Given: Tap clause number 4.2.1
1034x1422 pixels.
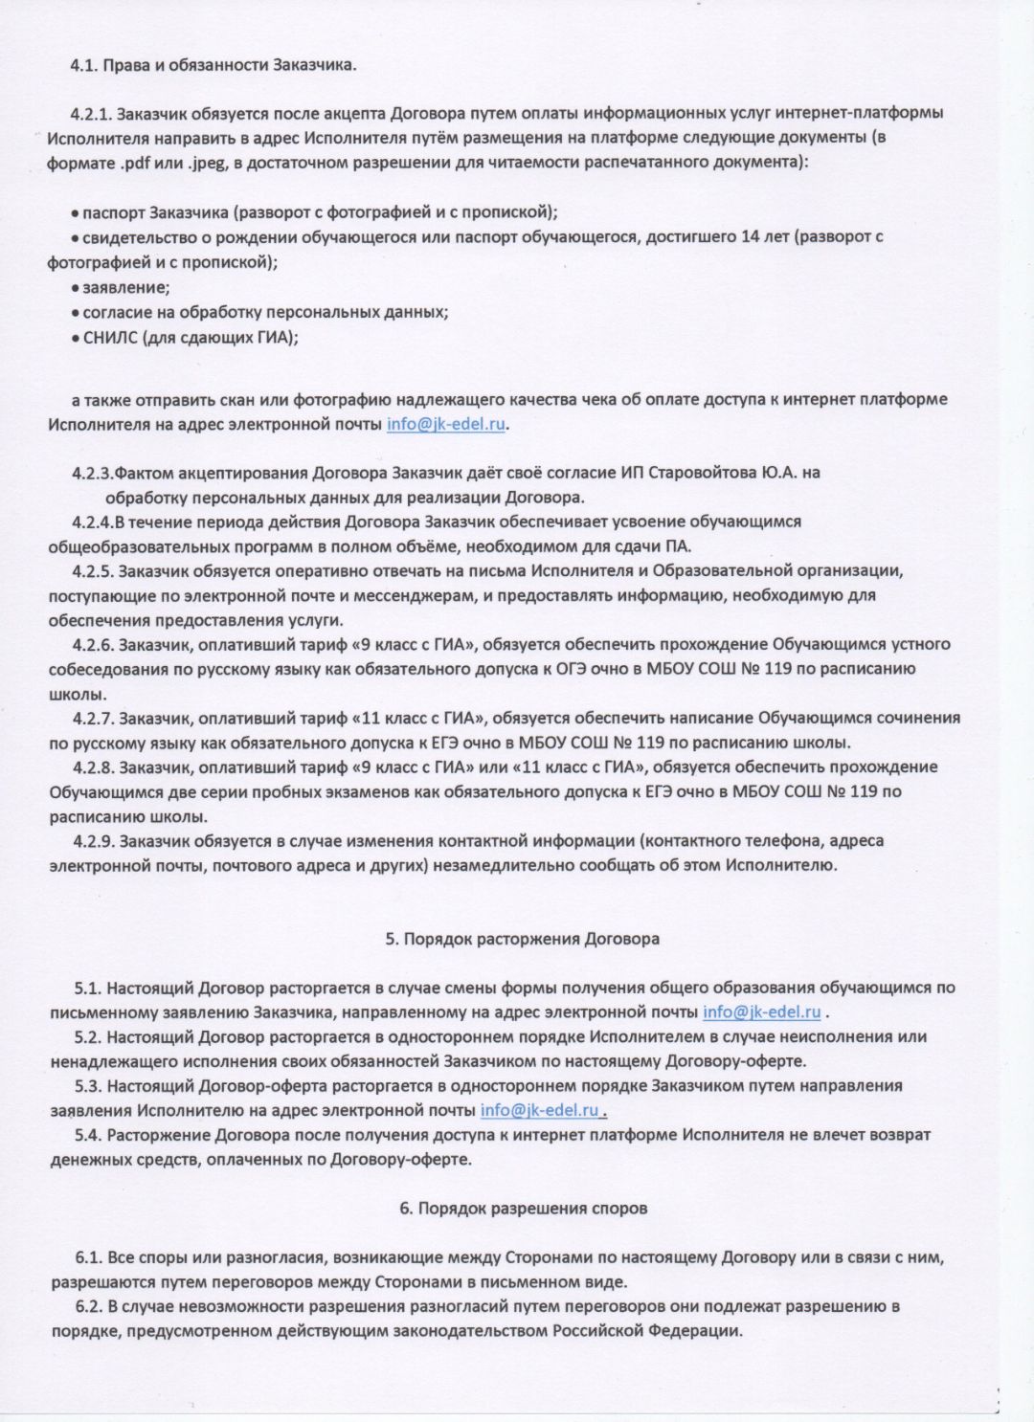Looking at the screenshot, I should (x=92, y=113).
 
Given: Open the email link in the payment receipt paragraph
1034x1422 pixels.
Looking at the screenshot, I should (x=446, y=424).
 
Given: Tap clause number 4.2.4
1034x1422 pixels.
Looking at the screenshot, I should (x=92, y=522).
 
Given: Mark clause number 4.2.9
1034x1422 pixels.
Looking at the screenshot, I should (x=93, y=841).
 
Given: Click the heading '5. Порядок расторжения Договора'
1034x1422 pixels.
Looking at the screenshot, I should (x=522, y=939).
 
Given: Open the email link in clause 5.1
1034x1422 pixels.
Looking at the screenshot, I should (x=761, y=1012).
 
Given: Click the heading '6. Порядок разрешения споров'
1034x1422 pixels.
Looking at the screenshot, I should (x=523, y=1209).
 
